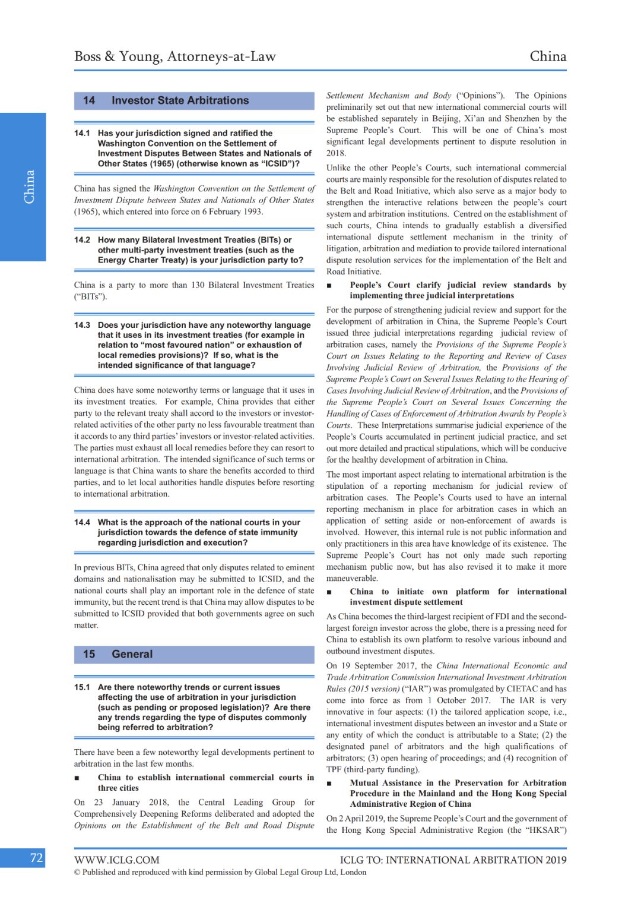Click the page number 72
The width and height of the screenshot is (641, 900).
point(37,858)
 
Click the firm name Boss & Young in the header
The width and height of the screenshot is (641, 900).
point(118,56)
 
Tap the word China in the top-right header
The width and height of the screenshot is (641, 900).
point(548,56)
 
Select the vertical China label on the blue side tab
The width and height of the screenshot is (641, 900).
point(29,187)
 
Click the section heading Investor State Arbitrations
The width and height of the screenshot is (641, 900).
point(180,100)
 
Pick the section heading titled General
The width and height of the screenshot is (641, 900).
point(132,654)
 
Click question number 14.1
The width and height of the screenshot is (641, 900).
point(82,133)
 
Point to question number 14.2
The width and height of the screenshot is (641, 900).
point(82,240)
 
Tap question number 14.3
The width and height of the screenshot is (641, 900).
point(82,325)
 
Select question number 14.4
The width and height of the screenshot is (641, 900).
point(82,522)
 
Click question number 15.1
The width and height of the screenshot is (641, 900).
point(82,687)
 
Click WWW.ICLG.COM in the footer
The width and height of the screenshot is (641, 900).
point(117,860)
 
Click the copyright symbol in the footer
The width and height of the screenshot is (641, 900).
point(77,872)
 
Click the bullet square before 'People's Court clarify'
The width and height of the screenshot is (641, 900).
point(329,286)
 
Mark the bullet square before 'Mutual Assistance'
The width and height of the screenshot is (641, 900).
point(329,784)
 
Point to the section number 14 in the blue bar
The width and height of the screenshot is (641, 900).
point(89,100)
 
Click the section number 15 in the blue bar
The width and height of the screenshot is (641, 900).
point(89,654)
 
